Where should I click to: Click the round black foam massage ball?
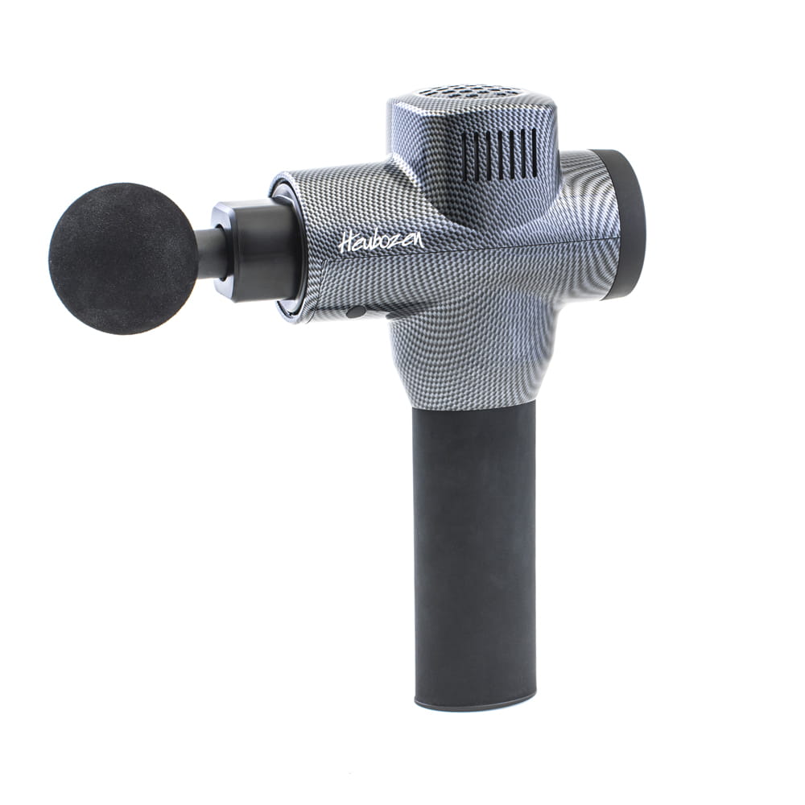click(122, 258)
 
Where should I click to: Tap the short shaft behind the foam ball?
click(210, 253)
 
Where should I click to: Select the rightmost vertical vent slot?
click(532, 154)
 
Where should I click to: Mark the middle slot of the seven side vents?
click(500, 155)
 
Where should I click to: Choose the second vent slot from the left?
click(477, 155)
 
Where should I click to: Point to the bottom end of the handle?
click(475, 700)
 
